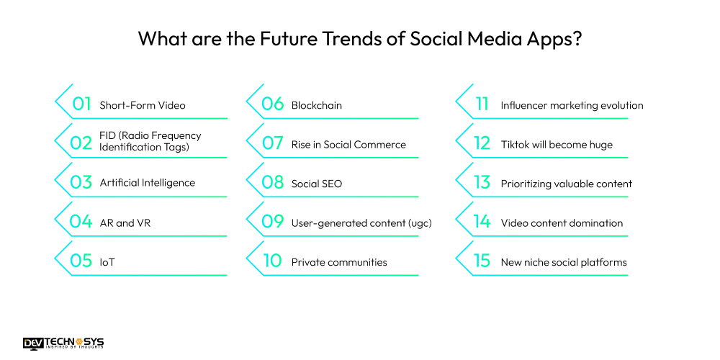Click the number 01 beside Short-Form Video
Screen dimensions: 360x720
click(81, 104)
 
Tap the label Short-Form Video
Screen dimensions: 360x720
click(142, 105)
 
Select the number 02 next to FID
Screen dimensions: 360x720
click(81, 143)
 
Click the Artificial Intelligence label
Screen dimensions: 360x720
click(147, 183)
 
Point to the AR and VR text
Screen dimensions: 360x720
click(125, 222)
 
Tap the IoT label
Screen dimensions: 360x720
click(107, 262)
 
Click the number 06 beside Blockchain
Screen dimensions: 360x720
click(272, 104)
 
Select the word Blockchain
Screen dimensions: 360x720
click(316, 105)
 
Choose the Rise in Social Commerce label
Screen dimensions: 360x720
click(348, 145)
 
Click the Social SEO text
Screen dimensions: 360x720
click(316, 184)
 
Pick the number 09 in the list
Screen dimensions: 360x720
click(272, 222)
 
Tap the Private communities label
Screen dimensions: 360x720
click(338, 262)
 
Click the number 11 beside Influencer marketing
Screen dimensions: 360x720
click(482, 104)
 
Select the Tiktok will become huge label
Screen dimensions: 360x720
click(557, 145)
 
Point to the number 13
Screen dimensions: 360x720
click(482, 183)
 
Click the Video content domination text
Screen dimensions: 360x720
click(562, 222)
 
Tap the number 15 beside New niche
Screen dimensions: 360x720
click(482, 261)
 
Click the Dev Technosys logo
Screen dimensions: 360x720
click(63, 343)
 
